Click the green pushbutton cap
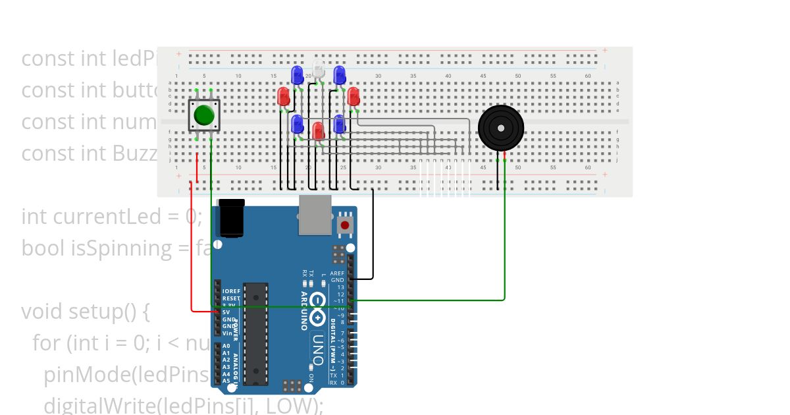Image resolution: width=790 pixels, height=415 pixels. pos(204,115)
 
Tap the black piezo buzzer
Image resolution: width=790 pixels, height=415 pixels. pos(501,128)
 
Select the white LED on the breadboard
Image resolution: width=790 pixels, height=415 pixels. pos(319,69)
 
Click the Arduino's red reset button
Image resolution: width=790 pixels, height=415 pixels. pos(345,225)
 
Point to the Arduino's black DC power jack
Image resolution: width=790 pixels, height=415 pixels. pos(232,218)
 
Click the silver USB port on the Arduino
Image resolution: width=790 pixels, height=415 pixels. pos(315,214)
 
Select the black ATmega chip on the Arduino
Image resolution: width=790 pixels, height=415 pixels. pos(256,333)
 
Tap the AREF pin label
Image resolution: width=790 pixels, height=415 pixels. pos(337,273)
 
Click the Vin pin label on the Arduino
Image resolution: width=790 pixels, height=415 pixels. pos(226,333)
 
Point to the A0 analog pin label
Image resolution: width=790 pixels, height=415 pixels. pos(226,346)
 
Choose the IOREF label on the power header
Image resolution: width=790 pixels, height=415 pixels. pos(231,291)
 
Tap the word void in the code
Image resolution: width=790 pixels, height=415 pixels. pos(41,311)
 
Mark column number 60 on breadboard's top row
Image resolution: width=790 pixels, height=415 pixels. pos(588,76)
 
